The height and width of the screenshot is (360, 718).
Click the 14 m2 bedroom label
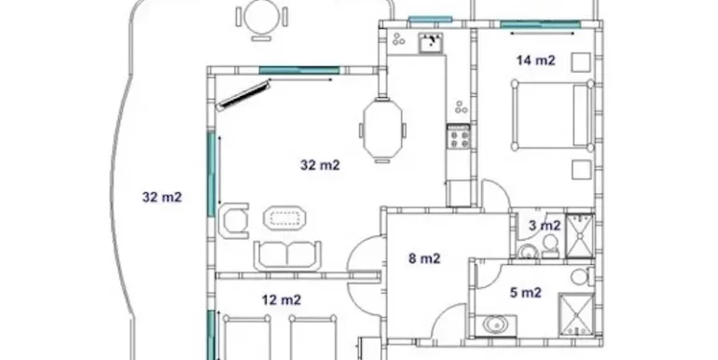tap(536, 60)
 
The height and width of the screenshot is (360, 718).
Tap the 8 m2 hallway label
tap(424, 258)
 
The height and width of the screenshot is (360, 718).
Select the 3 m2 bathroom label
tap(545, 226)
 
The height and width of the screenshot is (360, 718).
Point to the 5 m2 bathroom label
tap(526, 292)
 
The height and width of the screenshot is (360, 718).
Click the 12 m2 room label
tap(282, 300)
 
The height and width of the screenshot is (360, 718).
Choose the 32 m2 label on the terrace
tap(162, 197)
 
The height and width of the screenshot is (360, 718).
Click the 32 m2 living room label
tap(320, 165)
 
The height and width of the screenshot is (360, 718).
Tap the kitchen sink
tap(432, 43)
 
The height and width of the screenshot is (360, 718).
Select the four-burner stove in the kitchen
tap(459, 137)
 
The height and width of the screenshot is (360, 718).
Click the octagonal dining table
tap(383, 130)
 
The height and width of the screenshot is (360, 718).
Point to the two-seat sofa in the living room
tap(287, 256)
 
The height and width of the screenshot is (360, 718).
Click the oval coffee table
tap(284, 218)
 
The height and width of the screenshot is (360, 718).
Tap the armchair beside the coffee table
tap(234, 221)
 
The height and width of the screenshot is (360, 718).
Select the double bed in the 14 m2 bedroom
tap(553, 115)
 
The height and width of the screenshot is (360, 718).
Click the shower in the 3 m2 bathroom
tap(580, 236)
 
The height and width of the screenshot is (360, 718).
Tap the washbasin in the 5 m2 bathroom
tap(494, 325)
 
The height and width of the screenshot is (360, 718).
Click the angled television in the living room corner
tap(243, 95)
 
